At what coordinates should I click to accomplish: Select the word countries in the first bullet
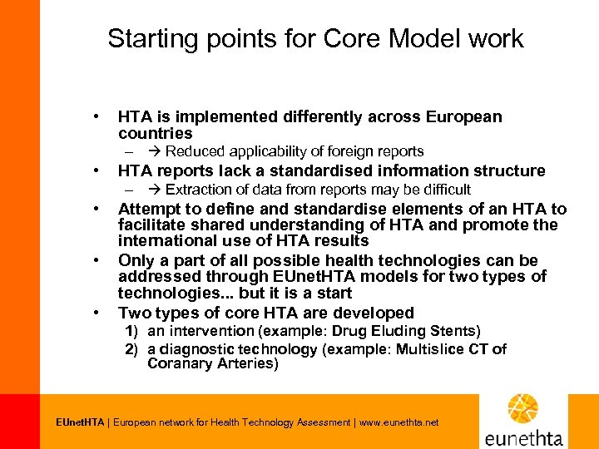pyautogui.click(x=155, y=133)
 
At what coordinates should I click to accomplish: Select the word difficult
pyautogui.click(x=443, y=190)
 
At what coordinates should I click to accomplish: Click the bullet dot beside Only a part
pyautogui.click(x=98, y=261)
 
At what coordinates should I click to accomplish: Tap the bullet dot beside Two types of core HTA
pyautogui.click(x=98, y=313)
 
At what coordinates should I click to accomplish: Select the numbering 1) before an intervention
pyautogui.click(x=131, y=331)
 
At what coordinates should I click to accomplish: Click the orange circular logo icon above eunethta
pyautogui.click(x=523, y=409)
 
